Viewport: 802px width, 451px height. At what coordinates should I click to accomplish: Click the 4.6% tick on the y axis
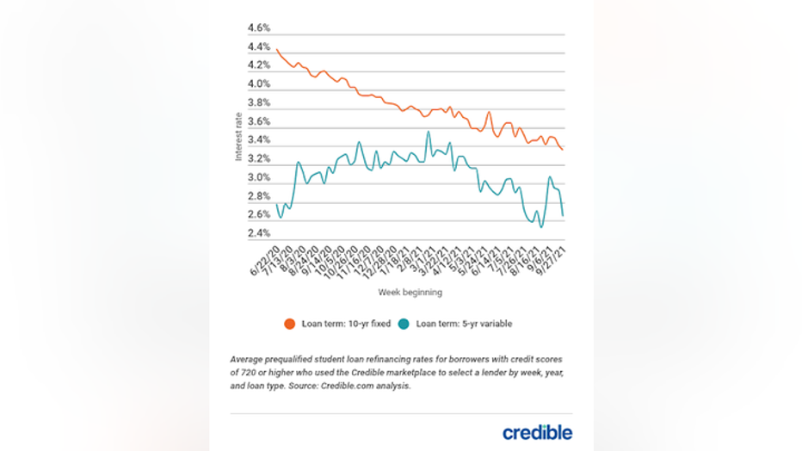pos(258,28)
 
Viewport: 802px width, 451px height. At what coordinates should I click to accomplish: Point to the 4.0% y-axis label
pos(258,84)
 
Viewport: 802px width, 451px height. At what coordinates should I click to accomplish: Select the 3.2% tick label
pos(258,159)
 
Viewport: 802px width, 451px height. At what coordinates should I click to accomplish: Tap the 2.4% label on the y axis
pos(258,233)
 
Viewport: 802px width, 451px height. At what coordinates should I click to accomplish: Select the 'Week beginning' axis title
pos(410,293)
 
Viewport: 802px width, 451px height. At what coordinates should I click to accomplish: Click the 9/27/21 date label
pos(552,259)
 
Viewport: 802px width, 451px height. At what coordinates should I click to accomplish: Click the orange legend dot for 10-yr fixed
pos(289,324)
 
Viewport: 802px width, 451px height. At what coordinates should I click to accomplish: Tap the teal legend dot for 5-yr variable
pos(404,324)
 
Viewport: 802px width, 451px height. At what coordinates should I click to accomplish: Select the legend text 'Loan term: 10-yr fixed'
pos(343,324)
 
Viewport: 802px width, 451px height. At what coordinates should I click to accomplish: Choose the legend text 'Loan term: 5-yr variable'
pos(464,324)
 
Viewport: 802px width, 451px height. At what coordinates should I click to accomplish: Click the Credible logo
pos(537,432)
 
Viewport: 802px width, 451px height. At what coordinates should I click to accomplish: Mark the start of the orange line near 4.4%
pos(276,50)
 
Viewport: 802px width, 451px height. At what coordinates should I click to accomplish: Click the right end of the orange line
pos(564,151)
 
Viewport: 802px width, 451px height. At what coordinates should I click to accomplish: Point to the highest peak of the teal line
pos(428,132)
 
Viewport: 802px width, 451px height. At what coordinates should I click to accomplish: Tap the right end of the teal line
pos(564,216)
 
